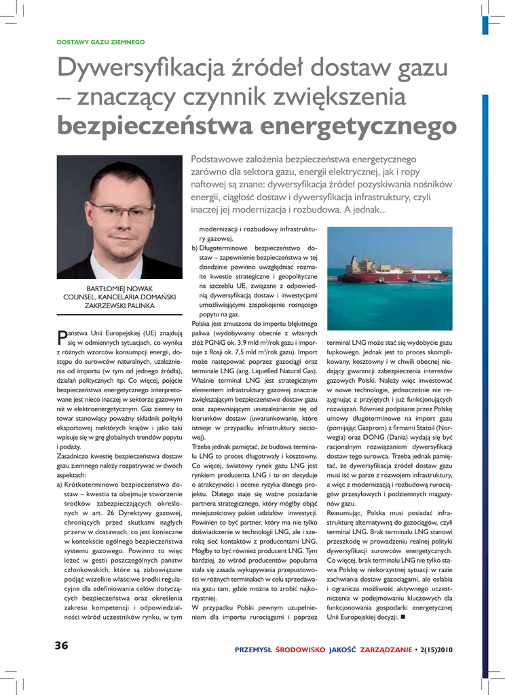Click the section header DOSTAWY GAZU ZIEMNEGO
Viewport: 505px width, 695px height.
pyautogui.click(x=100, y=42)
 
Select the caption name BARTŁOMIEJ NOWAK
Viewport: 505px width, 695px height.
pyautogui.click(x=119, y=288)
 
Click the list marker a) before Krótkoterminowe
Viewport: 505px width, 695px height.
pyautogui.click(x=60, y=485)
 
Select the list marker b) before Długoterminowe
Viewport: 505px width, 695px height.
pyautogui.click(x=195, y=248)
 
